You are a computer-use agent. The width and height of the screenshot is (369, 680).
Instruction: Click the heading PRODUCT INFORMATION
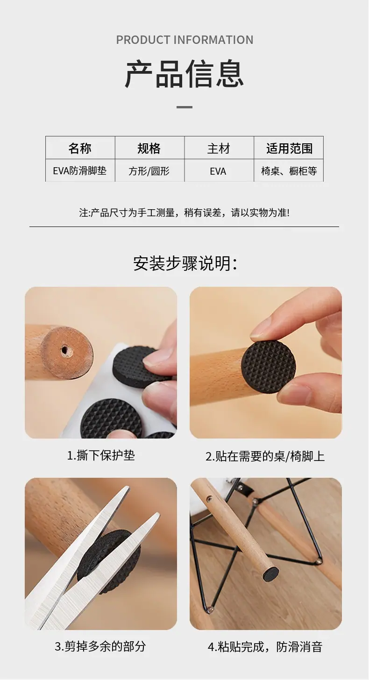[184, 40]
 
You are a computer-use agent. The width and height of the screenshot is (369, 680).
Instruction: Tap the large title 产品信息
[184, 74]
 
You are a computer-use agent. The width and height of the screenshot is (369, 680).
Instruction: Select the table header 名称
[80, 148]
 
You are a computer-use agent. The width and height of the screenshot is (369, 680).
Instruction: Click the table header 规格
[149, 148]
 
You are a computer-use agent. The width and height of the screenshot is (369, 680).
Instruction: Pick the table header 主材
[219, 149]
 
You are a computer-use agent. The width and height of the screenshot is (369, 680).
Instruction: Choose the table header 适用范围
[290, 148]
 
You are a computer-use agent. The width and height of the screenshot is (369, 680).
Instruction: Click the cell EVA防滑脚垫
[80, 170]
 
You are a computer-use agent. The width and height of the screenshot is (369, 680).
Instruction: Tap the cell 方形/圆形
[149, 171]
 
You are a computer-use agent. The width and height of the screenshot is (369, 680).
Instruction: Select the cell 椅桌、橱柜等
[289, 171]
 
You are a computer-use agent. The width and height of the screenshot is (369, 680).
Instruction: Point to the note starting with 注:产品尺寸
[184, 212]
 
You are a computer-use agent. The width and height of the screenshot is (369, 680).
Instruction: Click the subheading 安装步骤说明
[185, 263]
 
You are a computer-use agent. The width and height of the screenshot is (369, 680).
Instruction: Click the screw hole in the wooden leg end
[64, 350]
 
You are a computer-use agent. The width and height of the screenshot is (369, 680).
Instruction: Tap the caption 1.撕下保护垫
[101, 455]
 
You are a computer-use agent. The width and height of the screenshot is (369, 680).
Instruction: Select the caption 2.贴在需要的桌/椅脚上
[265, 456]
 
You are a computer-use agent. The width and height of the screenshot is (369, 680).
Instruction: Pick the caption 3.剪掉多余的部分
[100, 646]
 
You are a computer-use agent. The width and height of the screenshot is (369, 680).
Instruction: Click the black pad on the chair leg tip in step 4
[270, 573]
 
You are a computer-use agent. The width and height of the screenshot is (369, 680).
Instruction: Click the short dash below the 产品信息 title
[184, 107]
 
